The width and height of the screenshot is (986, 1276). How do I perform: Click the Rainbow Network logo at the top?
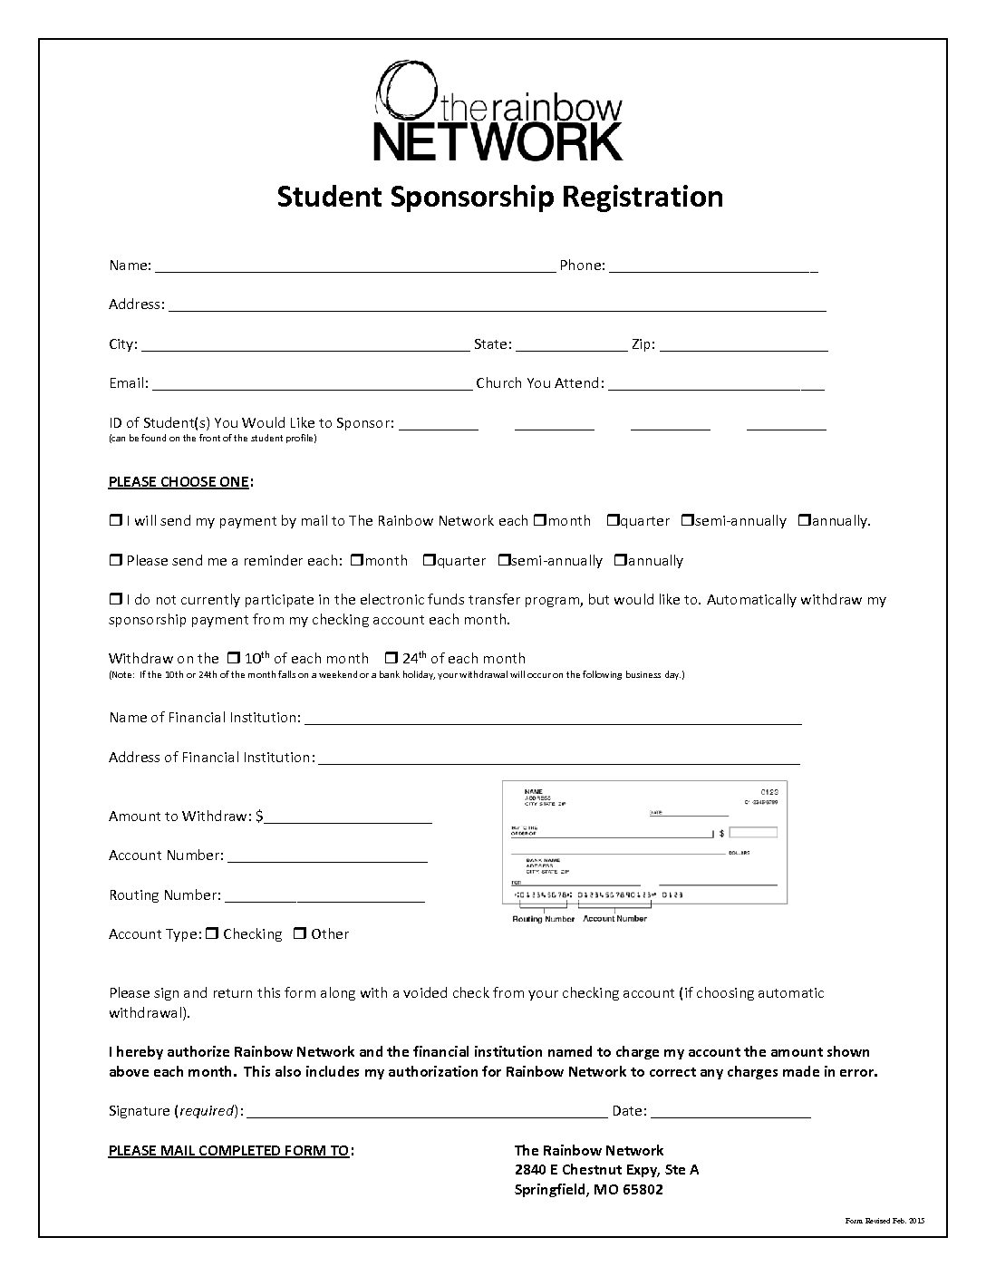[x=498, y=111]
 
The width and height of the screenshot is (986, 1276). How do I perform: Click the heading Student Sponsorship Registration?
[x=499, y=196]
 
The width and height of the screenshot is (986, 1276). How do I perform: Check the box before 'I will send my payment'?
[x=115, y=521]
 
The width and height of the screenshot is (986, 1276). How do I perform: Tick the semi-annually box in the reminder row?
[x=504, y=561]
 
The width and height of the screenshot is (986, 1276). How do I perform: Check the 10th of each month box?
[x=233, y=658]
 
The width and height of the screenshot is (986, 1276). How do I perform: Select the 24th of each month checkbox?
[x=391, y=658]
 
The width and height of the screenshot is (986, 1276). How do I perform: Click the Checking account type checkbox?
[x=211, y=933]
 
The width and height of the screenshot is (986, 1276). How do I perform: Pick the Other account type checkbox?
[x=299, y=933]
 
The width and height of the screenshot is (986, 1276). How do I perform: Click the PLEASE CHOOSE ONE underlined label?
[x=179, y=481]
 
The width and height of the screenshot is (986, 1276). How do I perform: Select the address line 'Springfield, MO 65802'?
[x=588, y=1189]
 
